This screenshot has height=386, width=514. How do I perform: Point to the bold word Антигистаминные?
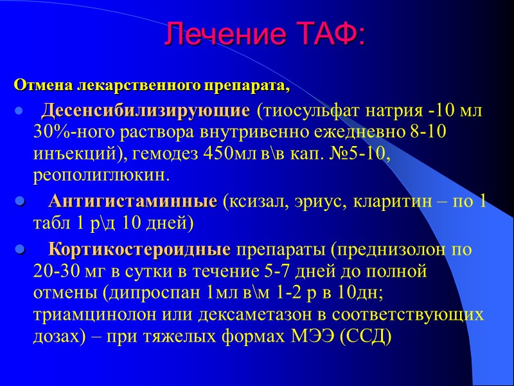[133, 202]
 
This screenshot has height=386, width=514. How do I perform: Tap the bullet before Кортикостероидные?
[19, 250]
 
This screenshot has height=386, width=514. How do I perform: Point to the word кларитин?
[394, 202]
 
